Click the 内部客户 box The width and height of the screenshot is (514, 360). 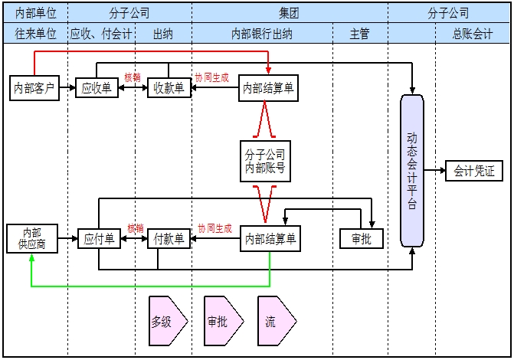pos(34,88)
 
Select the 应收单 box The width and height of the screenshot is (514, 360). pos(97,88)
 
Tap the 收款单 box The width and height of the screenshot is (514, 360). pos(169,88)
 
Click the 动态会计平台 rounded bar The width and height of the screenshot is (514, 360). pos(412,170)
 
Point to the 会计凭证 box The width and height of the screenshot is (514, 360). pos(474,171)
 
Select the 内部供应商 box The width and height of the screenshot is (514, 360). pos(31,238)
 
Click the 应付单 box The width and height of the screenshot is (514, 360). pos(99,239)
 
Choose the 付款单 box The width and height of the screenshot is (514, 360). pos(169,239)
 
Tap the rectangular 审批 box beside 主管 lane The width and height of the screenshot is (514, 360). pos(361,239)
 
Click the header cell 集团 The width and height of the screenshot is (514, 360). pos(290,13)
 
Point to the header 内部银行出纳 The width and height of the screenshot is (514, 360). pos(261,34)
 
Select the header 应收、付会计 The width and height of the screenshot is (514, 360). pos(100,34)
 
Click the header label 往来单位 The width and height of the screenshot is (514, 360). pos(35,34)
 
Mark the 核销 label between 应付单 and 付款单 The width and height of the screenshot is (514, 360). pos(136,227)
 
